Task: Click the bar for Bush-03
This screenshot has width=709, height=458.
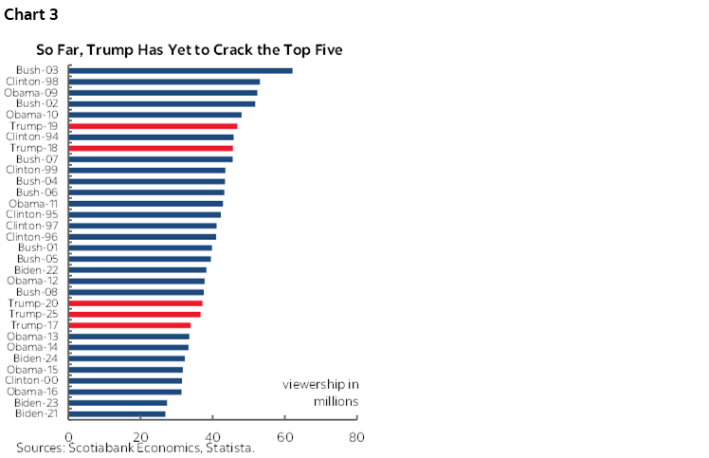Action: point(180,70)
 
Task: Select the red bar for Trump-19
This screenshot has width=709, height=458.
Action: point(153,125)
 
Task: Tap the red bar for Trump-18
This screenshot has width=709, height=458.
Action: point(151,148)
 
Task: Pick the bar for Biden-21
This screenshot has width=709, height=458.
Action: point(117,413)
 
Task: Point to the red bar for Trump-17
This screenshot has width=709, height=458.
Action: point(129,325)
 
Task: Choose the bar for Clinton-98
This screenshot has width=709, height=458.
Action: point(164,82)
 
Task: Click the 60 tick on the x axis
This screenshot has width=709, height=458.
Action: point(285,437)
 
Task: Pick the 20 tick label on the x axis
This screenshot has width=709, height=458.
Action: point(140,437)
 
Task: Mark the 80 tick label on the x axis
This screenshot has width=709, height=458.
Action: point(356,437)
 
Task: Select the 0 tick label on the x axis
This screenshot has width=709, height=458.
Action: point(68,437)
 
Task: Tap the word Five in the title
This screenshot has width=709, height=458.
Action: point(326,48)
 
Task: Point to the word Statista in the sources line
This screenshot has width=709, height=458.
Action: point(228,448)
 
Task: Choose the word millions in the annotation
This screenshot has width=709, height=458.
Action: point(336,402)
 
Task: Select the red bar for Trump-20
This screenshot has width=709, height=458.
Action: point(136,302)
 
